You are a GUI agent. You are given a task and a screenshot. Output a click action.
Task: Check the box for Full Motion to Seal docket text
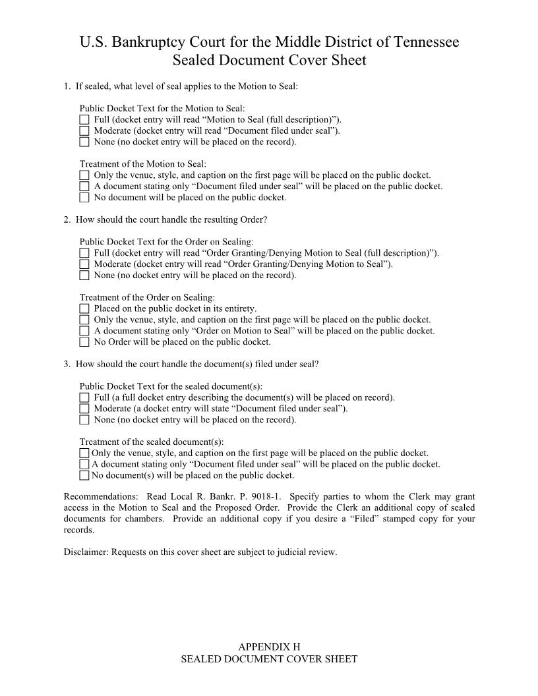point(84,120)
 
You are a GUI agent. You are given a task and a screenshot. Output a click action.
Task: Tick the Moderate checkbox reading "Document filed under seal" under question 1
point(84,130)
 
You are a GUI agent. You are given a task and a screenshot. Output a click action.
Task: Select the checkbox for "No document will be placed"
point(84,197)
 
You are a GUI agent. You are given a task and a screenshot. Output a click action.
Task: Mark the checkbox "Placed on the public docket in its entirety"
point(84,308)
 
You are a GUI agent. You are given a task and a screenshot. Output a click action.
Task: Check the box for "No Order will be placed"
point(84,342)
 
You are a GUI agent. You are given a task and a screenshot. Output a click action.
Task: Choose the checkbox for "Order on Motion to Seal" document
point(84,331)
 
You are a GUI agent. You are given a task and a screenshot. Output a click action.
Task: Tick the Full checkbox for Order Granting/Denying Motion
point(84,253)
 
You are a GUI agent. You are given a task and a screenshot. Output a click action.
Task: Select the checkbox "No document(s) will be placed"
point(84,475)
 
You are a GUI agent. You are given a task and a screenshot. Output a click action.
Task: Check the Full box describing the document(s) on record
point(84,397)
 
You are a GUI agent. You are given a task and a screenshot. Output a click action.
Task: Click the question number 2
point(67,219)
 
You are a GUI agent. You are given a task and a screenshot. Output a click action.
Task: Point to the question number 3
point(67,364)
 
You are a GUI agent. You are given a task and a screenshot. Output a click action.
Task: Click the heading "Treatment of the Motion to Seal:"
point(143,164)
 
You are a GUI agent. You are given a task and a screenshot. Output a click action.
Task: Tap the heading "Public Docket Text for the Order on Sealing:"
point(166,242)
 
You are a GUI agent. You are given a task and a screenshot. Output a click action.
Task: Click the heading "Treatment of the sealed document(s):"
point(152,442)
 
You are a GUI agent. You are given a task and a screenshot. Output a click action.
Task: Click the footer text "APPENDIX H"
point(269,647)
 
